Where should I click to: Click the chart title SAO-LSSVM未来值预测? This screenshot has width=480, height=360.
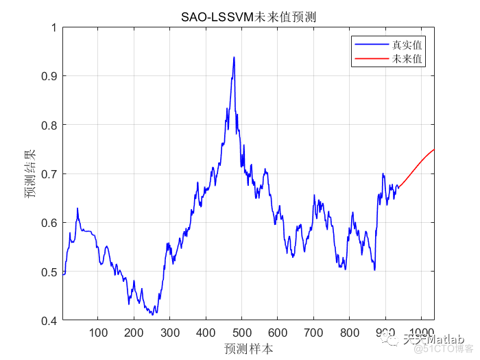point(248,16)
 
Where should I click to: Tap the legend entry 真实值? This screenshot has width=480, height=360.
point(407,45)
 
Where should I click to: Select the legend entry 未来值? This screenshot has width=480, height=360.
point(407,60)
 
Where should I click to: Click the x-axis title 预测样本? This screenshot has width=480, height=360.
point(248,348)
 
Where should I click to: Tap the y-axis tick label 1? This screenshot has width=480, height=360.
point(53,27)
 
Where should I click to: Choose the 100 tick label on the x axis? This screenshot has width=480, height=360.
point(99,333)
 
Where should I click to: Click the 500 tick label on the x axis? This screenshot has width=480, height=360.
point(242,333)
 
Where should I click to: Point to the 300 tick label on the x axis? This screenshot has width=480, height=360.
point(170,333)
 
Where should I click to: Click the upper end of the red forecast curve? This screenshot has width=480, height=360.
point(433,149)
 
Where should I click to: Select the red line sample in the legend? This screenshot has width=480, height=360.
point(370,60)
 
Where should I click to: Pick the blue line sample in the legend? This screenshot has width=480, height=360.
point(370,45)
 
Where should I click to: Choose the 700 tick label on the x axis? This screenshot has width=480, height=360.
point(313,333)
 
